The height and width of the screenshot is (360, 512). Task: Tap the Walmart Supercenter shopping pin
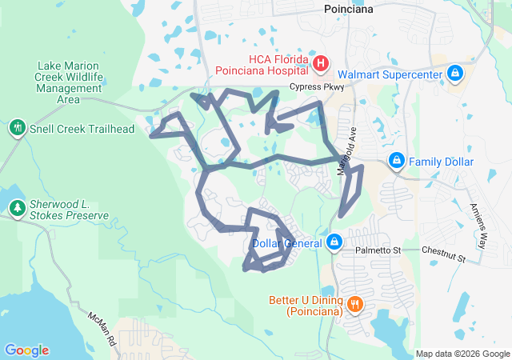click(x=455, y=74)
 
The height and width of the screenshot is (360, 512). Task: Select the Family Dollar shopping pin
click(x=396, y=162)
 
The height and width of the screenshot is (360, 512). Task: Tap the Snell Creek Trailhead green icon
click(x=16, y=128)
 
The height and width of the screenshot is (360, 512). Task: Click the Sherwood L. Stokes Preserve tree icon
click(x=17, y=208)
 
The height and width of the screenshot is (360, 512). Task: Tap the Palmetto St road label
click(x=378, y=251)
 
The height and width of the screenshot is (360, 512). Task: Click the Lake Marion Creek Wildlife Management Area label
click(x=69, y=82)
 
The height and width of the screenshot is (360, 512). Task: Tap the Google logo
click(x=26, y=350)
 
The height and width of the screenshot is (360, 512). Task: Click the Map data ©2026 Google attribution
click(x=462, y=354)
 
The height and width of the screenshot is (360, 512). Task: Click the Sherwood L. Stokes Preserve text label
click(x=69, y=208)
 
